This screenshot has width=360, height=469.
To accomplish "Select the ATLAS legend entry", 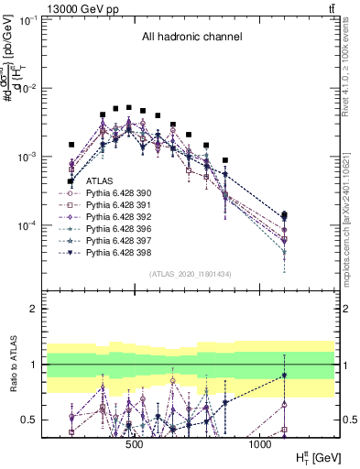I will coord(99,181).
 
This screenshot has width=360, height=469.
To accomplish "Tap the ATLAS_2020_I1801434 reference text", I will coord(191,274).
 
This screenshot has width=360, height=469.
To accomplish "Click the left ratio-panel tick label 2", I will coord(34,309).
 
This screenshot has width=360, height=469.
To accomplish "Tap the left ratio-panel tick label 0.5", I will coord(30,420).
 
